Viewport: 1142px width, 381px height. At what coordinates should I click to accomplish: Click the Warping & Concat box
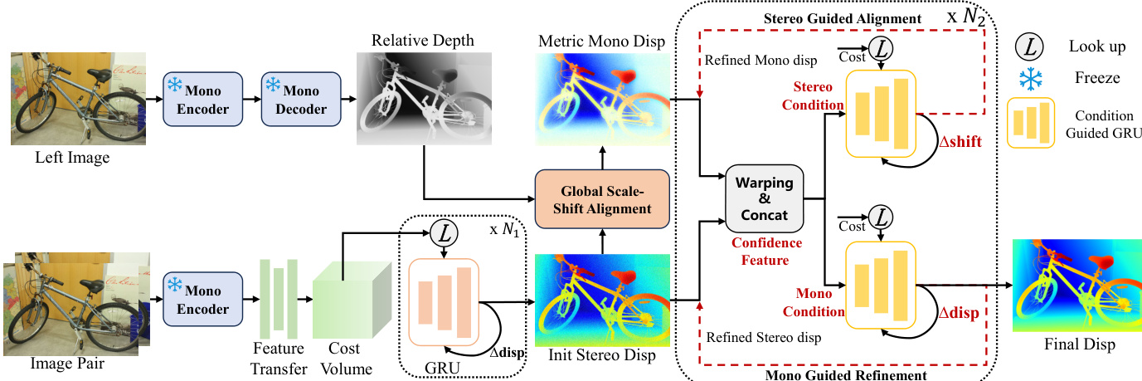(765, 198)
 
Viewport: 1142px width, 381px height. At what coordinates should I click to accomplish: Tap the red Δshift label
(960, 143)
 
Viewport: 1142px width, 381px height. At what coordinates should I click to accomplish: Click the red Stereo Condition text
(818, 95)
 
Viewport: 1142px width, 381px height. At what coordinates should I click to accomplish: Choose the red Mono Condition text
(818, 303)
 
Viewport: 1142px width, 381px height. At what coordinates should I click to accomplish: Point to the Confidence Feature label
(765, 251)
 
